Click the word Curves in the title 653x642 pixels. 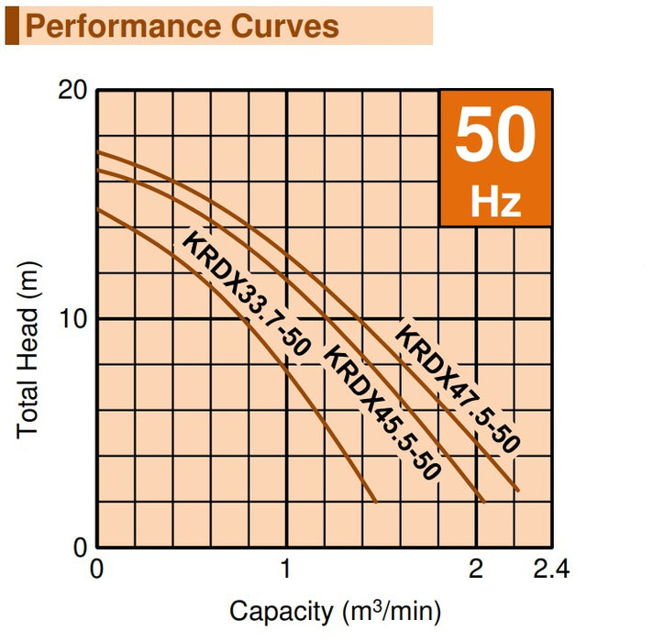pyautogui.click(x=285, y=27)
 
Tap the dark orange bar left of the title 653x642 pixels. pyautogui.click(x=11, y=26)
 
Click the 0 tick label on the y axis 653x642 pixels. pyautogui.click(x=80, y=547)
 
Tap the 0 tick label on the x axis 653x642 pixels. pyautogui.click(x=97, y=570)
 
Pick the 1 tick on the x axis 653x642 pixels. pyautogui.click(x=287, y=570)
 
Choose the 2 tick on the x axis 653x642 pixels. pyautogui.click(x=476, y=570)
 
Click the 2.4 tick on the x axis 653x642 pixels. pyautogui.click(x=550, y=570)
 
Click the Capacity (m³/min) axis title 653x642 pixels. pyautogui.click(x=336, y=610)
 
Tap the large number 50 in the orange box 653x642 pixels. pyautogui.click(x=495, y=136)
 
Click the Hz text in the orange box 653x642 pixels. pyautogui.click(x=495, y=201)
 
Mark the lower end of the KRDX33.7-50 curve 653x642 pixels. pyautogui.click(x=377, y=501)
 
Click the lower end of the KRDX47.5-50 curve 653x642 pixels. pyautogui.click(x=518, y=491)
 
